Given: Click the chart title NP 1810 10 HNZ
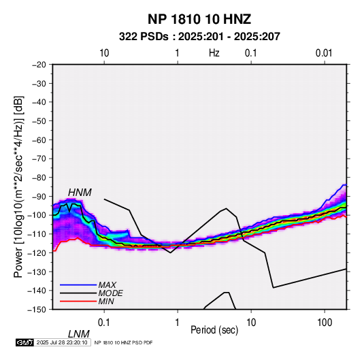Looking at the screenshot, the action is point(199,19).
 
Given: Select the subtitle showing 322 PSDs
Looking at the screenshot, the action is point(199,37).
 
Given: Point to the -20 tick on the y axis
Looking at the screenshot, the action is point(39,65).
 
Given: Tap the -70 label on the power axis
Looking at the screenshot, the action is point(39,159).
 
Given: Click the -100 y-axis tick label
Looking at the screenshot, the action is point(37,215).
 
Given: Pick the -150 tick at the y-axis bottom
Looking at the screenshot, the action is point(37,310).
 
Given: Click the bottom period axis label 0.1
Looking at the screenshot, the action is point(104,323).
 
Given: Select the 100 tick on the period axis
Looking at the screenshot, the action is point(325,323).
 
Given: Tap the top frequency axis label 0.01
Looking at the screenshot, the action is point(324,53).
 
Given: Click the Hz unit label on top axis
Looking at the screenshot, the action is point(214,53).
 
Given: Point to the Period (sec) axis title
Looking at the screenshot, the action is point(214,330).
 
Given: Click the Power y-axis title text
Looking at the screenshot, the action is point(18,186).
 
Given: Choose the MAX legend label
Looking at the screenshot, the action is point(107,285).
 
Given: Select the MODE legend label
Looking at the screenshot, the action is point(110,293).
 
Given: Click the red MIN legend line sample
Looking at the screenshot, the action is point(78,301).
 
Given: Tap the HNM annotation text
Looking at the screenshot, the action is point(80,193).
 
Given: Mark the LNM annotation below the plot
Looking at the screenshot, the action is point(79,334).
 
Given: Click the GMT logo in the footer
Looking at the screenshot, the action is point(25,342).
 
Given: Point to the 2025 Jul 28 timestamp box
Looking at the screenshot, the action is point(62,342).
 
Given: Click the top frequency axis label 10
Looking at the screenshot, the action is point(104,53).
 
